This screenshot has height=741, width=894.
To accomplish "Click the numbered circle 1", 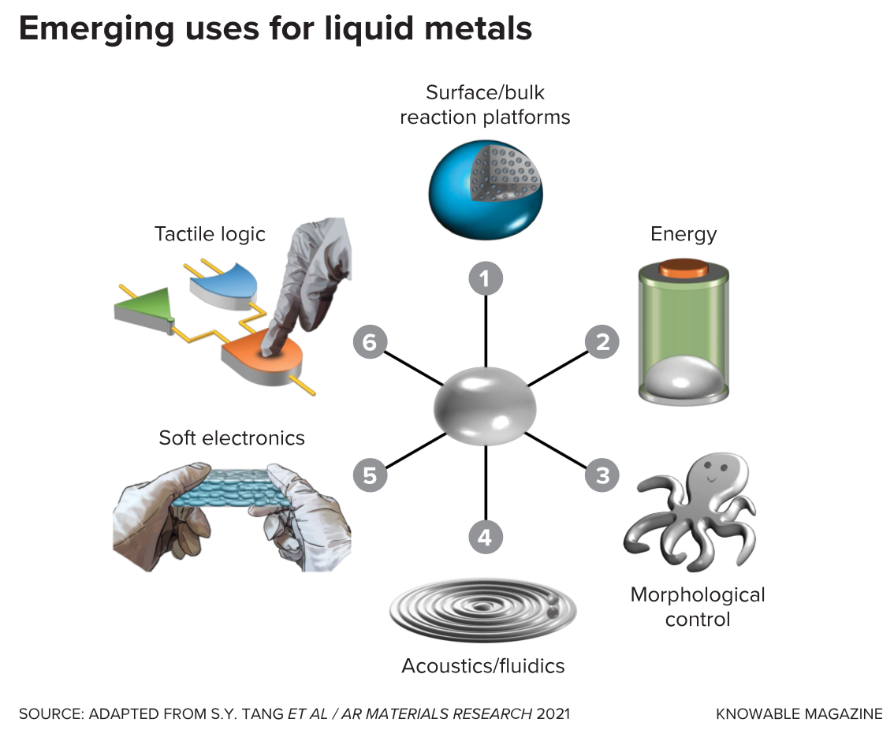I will pos(486,278).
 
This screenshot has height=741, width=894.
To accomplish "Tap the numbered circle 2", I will pos(602,342).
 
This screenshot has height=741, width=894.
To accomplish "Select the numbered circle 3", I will pos(602,475).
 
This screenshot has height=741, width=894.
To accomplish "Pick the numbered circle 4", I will pos(486,538).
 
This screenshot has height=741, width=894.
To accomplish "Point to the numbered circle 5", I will pos(370,475).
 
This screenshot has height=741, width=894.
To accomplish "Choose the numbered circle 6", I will pos(370,342).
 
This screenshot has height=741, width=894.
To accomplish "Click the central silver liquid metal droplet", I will pos(486,408).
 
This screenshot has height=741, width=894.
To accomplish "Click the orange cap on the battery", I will pos(684,268).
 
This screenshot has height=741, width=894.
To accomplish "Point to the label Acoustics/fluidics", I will pos(483,666).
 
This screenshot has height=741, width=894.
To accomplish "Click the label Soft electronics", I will pos(232,438).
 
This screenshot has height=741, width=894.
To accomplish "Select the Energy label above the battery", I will pos(684,234).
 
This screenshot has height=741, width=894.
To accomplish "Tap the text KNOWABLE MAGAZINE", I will pos(799,714).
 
